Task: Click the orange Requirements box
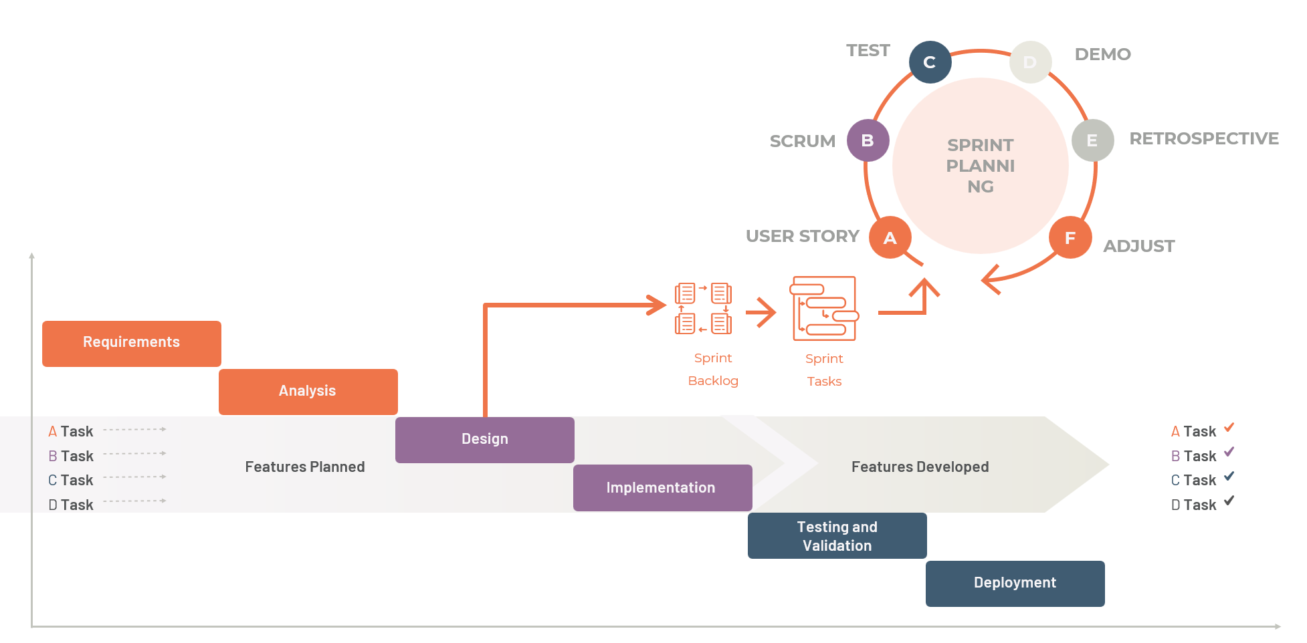[x=132, y=344]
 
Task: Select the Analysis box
[x=308, y=392]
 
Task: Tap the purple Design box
[x=485, y=440]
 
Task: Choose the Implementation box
[x=662, y=488]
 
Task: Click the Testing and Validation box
[x=837, y=536]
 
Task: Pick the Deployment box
[x=1015, y=584]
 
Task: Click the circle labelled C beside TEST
[x=930, y=62]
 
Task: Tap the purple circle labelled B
[x=868, y=140]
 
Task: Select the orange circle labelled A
[x=890, y=238]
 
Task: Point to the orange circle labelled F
[x=1070, y=238]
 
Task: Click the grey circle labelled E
[x=1092, y=140]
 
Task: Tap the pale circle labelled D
[x=1030, y=62]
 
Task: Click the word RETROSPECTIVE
[x=1204, y=138]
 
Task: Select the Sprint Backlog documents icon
[x=703, y=308]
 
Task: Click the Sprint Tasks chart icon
[x=824, y=308]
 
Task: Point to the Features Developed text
[x=920, y=467]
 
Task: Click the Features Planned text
[x=305, y=467]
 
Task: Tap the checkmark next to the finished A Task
[x=1229, y=428]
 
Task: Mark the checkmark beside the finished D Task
[x=1229, y=501]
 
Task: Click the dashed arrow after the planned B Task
[x=135, y=453]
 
